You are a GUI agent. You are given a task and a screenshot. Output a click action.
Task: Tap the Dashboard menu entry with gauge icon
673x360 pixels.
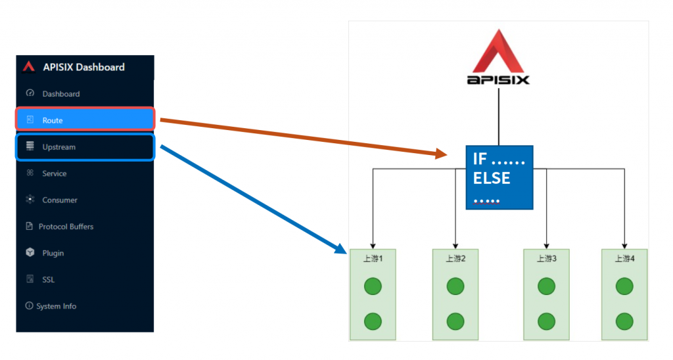(60, 94)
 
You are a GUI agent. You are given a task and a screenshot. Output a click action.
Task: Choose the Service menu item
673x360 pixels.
(54, 173)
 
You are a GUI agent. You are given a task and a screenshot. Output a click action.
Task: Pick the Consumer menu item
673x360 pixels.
(59, 200)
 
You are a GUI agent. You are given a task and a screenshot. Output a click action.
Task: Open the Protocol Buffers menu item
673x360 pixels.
(66, 227)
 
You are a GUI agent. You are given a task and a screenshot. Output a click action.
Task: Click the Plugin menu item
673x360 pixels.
(53, 253)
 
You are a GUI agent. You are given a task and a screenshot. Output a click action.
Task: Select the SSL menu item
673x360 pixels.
(48, 279)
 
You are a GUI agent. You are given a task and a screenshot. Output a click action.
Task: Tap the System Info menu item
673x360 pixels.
(56, 306)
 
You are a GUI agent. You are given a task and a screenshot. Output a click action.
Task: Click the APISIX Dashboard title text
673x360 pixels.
(83, 66)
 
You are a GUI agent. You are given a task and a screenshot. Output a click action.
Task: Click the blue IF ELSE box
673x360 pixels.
(499, 177)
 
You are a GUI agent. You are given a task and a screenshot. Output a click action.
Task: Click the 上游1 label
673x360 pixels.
(373, 258)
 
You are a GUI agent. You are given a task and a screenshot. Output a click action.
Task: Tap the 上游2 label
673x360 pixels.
(455, 258)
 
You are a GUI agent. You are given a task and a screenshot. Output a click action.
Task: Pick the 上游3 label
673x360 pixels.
(546, 258)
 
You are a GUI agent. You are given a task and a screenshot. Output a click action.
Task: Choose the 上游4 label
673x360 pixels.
(624, 258)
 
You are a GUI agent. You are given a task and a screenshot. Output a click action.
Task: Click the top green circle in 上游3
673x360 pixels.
(546, 286)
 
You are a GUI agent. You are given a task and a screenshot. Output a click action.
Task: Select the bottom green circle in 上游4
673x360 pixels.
(624, 321)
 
